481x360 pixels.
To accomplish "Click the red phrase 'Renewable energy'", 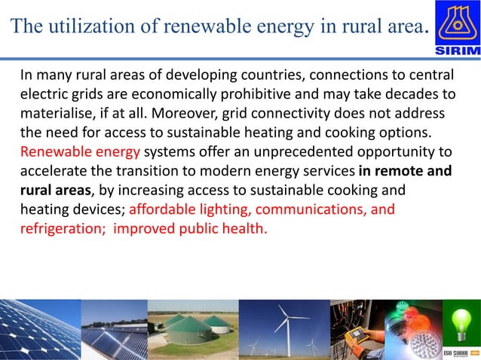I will tap(69, 152).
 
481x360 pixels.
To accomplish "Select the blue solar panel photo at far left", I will tap(39, 329).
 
